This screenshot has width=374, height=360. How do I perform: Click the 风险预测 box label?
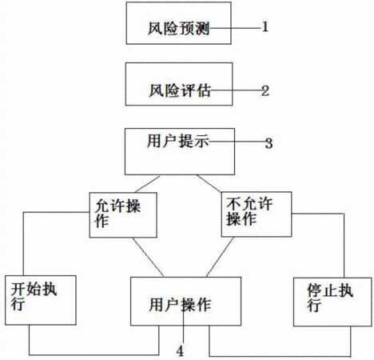(x=178, y=28)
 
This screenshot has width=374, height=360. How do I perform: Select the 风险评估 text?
(x=180, y=90)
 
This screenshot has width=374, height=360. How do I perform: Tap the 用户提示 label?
(x=177, y=141)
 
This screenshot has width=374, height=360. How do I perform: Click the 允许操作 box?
(x=123, y=215)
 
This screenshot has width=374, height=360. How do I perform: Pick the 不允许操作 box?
(x=257, y=214)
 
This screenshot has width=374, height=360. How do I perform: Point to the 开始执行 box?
(x=41, y=300)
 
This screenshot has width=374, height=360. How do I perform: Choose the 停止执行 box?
(x=332, y=302)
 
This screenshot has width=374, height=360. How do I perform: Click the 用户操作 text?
(x=180, y=305)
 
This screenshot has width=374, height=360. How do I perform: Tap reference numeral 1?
(x=265, y=27)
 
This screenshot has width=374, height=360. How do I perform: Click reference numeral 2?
(x=265, y=91)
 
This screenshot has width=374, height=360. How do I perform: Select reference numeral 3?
(x=269, y=143)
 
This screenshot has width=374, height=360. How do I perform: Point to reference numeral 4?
(x=181, y=351)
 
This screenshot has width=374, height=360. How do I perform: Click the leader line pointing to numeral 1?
(x=234, y=28)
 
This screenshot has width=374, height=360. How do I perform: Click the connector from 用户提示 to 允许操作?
(x=147, y=184)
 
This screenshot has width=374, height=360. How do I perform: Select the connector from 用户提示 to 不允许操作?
(x=209, y=183)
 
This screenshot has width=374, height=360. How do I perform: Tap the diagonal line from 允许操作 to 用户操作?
(x=148, y=257)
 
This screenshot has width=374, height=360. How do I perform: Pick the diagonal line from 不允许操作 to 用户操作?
(x=220, y=257)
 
